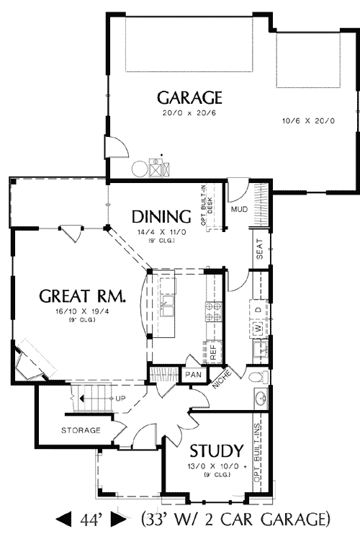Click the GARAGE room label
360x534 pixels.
[x=189, y=98]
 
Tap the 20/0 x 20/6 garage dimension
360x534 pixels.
[x=189, y=112]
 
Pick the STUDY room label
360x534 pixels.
[x=215, y=451]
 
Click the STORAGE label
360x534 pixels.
[x=80, y=430]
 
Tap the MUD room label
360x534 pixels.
[x=239, y=210]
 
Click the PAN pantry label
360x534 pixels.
[x=193, y=375]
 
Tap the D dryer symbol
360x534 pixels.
[x=258, y=309]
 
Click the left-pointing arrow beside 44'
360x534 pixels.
[x=63, y=518]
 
